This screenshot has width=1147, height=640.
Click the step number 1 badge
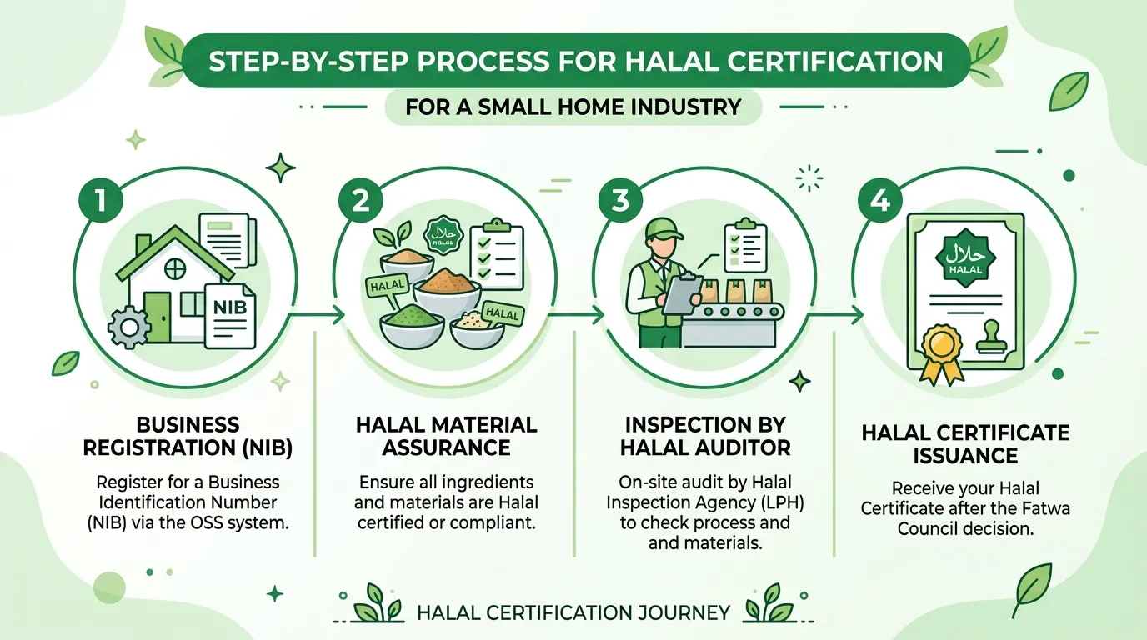[101, 200]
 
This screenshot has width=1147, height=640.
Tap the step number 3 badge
[620, 200]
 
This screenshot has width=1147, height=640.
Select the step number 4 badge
[879, 200]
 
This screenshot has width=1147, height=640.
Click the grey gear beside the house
[129, 327]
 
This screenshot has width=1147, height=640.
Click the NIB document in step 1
[230, 317]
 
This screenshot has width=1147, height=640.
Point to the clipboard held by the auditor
[682, 294]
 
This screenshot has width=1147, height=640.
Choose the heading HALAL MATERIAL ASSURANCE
[447, 436]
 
